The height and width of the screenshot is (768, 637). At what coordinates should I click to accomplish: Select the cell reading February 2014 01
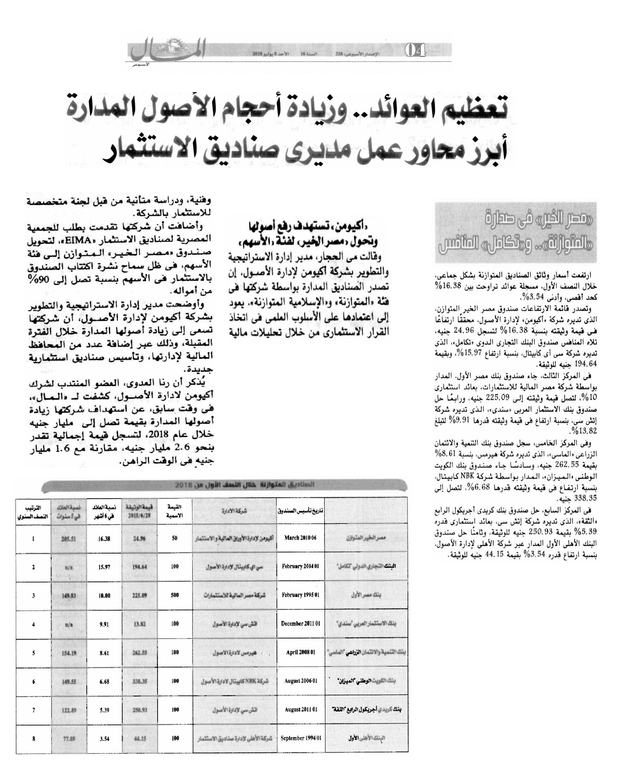point(300,566)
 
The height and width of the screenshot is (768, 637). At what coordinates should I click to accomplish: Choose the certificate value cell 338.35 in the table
point(140,681)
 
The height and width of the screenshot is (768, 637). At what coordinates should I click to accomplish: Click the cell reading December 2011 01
point(300,624)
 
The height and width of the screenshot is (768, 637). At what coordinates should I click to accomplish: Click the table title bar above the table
point(225,485)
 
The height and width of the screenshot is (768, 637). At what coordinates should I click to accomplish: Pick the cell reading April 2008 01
point(300,652)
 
